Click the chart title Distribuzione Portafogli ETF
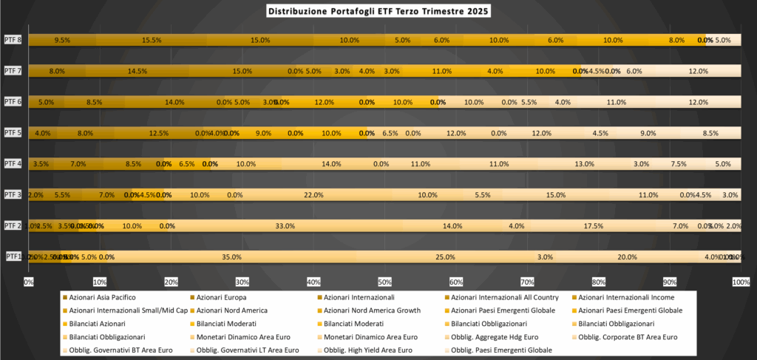point(378,12)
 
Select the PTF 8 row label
point(13,40)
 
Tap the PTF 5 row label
point(13,133)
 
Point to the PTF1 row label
point(13,257)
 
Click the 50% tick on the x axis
point(385,282)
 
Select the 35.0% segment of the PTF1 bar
point(231,257)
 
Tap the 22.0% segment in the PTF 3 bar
point(313,195)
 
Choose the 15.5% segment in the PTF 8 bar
point(152,41)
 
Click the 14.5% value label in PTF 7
point(138,72)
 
